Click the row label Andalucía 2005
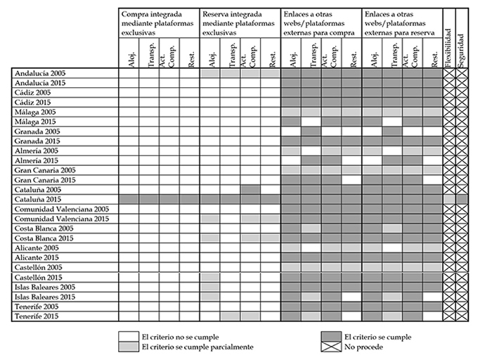pyautogui.click(x=40, y=73)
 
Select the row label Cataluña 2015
pyautogui.click(x=38, y=200)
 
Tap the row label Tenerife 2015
pyautogui.click(x=37, y=316)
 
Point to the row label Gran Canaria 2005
pyautogui.click(x=45, y=170)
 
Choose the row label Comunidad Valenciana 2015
pyautogui.click(x=62, y=219)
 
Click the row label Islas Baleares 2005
pyautogui.click(x=45, y=287)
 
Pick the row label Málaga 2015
pyautogui.click(x=35, y=122)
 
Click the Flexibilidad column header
pyautogui.click(x=448, y=48)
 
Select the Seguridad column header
pyautogui.click(x=461, y=51)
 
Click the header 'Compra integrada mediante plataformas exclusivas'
pyautogui.click(x=157, y=23)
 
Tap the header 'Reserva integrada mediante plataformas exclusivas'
pyautogui.click(x=238, y=23)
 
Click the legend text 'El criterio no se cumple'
pyautogui.click(x=180, y=337)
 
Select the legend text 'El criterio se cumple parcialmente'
pyautogui.click(x=198, y=347)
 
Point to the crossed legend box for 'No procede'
pyautogui.click(x=331, y=347)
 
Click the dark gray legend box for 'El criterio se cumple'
pyautogui.click(x=331, y=337)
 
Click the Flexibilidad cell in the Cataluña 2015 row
pyautogui.click(x=449, y=200)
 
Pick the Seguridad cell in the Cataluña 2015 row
pyautogui.click(x=462, y=200)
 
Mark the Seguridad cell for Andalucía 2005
pyautogui.click(x=462, y=73)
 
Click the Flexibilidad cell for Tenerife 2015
pyautogui.click(x=449, y=316)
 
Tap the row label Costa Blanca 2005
pyautogui.click(x=44, y=229)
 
